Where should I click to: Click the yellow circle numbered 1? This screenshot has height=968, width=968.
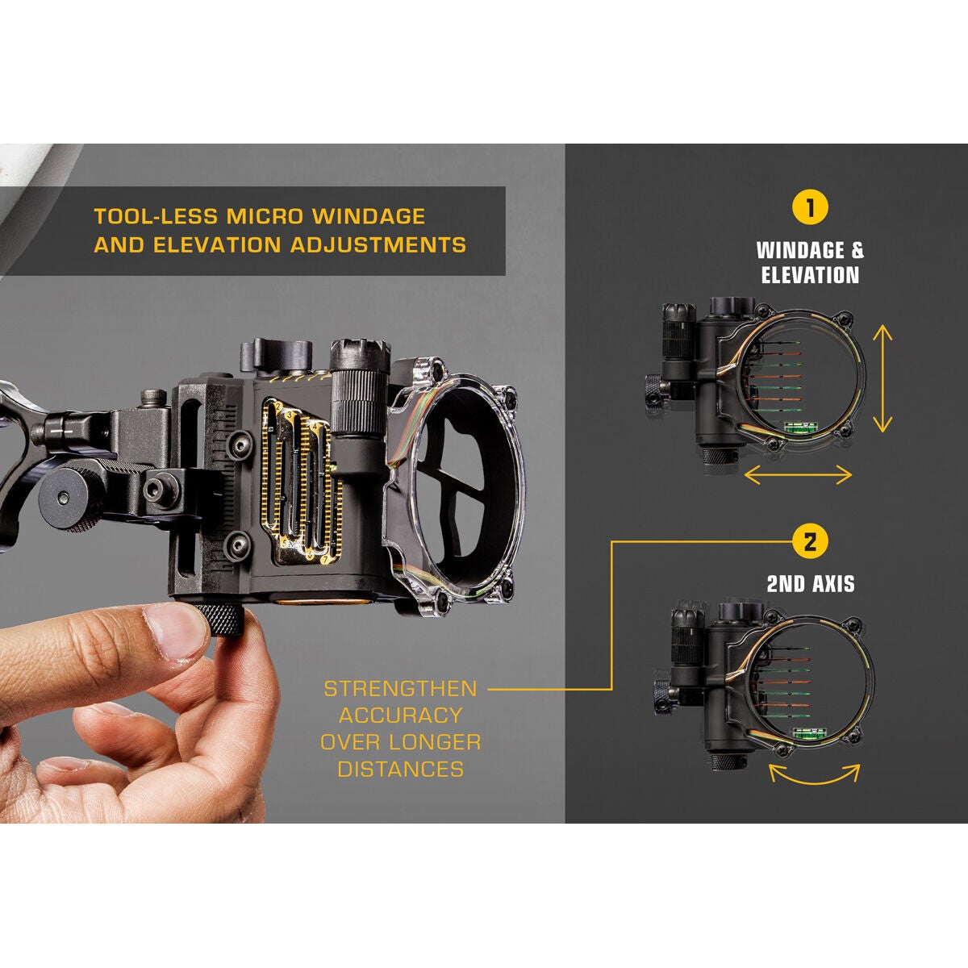point(810,207)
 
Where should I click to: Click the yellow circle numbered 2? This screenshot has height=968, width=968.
point(810,541)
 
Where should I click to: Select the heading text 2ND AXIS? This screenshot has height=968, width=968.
point(810,583)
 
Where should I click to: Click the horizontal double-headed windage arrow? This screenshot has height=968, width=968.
point(798,475)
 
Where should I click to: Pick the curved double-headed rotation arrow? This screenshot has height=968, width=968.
point(814,774)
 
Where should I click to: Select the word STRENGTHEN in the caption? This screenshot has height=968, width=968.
point(400,689)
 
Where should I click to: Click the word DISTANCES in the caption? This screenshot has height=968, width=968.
point(400,769)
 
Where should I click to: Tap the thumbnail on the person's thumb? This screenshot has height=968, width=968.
point(179,630)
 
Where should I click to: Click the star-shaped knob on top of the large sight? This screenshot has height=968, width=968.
point(277,354)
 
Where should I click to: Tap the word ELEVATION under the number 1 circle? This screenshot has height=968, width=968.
point(810,275)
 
